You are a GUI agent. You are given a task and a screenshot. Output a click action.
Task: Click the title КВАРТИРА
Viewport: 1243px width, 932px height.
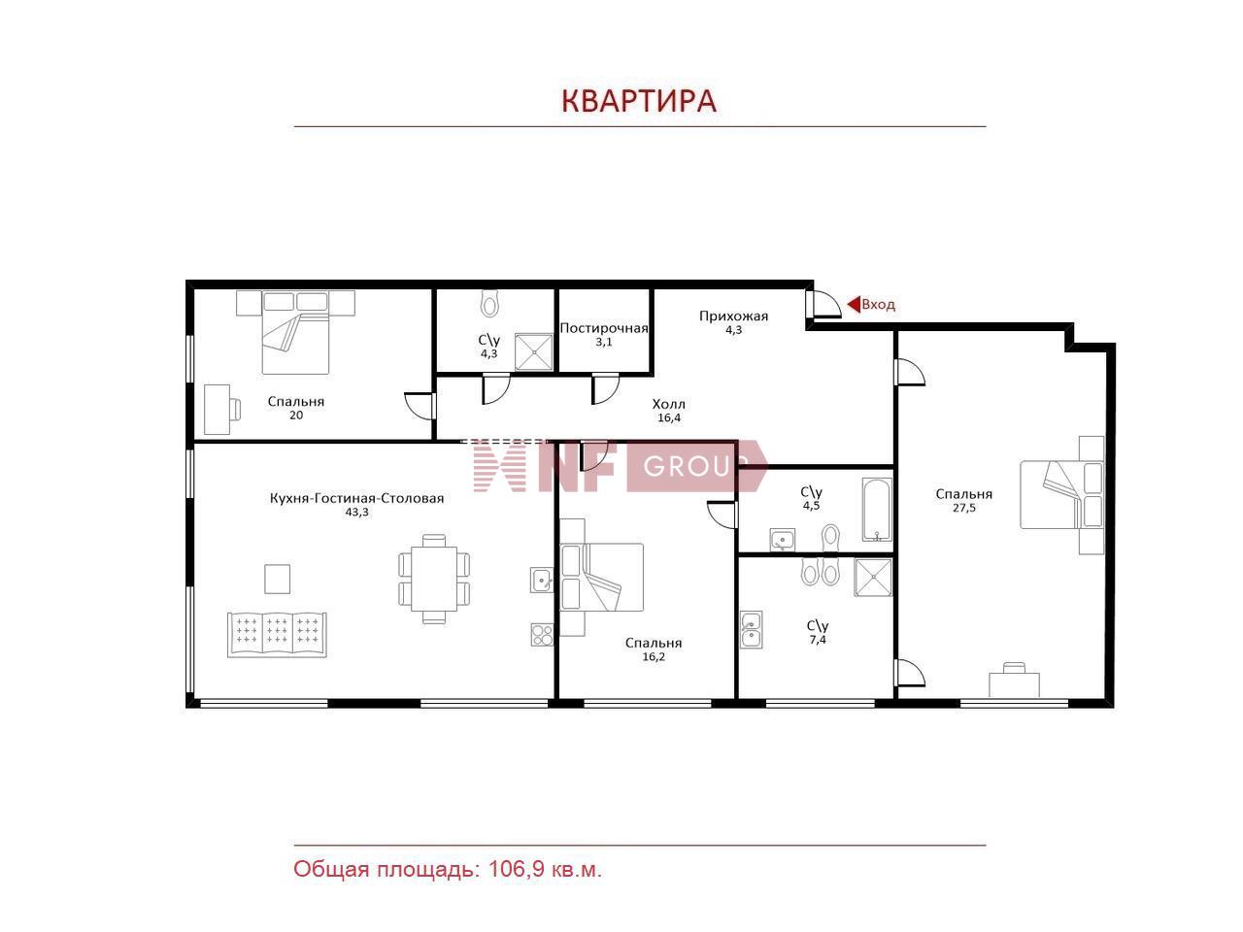pos(639,101)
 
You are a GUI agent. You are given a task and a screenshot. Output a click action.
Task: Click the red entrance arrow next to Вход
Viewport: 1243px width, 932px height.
pos(854,305)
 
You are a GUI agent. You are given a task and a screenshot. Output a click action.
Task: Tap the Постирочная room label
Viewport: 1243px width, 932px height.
pos(603,328)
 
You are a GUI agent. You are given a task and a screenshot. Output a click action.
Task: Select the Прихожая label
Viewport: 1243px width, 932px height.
pos(733,316)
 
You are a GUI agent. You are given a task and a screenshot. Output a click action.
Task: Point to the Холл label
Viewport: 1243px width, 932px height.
pos(668,404)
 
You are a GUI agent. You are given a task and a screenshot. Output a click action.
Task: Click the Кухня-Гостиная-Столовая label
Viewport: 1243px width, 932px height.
pos(356,498)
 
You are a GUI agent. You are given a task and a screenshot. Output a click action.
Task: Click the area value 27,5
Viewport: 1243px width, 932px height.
pos(963,508)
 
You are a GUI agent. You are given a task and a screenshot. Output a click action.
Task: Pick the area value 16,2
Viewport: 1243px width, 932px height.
pos(653,656)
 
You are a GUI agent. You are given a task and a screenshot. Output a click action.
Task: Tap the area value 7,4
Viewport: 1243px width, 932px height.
pos(817,640)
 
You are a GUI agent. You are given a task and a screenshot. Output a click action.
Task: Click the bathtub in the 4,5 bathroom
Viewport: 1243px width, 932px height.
pos(876,509)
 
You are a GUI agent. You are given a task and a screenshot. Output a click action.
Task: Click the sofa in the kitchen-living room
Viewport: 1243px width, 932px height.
pos(278,634)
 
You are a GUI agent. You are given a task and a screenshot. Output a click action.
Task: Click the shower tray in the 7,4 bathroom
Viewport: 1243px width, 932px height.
pos(873,577)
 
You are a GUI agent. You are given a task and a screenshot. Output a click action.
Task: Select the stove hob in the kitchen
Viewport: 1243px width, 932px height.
pos(541,635)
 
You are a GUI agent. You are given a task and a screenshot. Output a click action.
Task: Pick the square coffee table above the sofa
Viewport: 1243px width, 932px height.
pos(278,579)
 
